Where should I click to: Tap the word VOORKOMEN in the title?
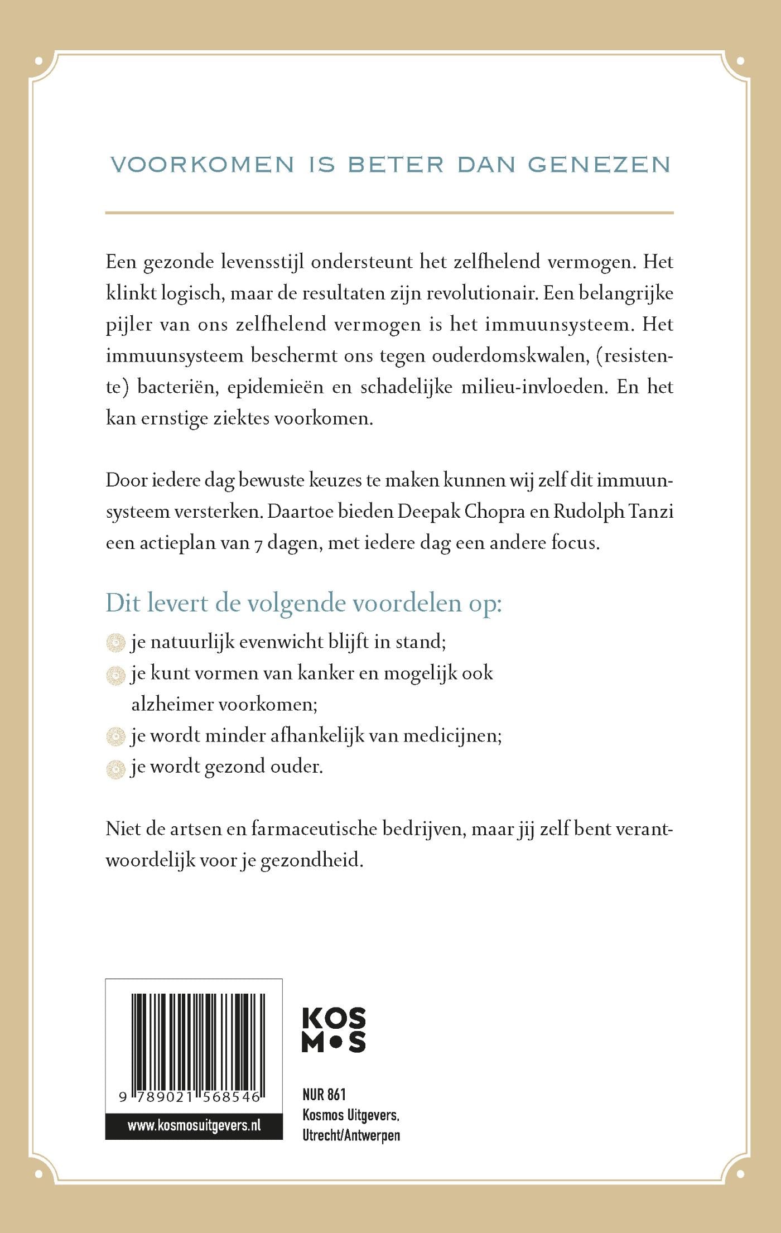tap(203, 165)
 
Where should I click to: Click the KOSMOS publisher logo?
tap(334, 1030)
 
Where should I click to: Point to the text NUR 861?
tap(324, 1095)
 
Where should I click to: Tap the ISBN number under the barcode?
tap(190, 1097)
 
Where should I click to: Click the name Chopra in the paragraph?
tap(495, 512)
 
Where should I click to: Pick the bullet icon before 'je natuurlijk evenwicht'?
tap(115, 643)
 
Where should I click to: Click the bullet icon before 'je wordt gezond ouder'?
tap(115, 769)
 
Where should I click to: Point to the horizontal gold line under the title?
tap(389, 213)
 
